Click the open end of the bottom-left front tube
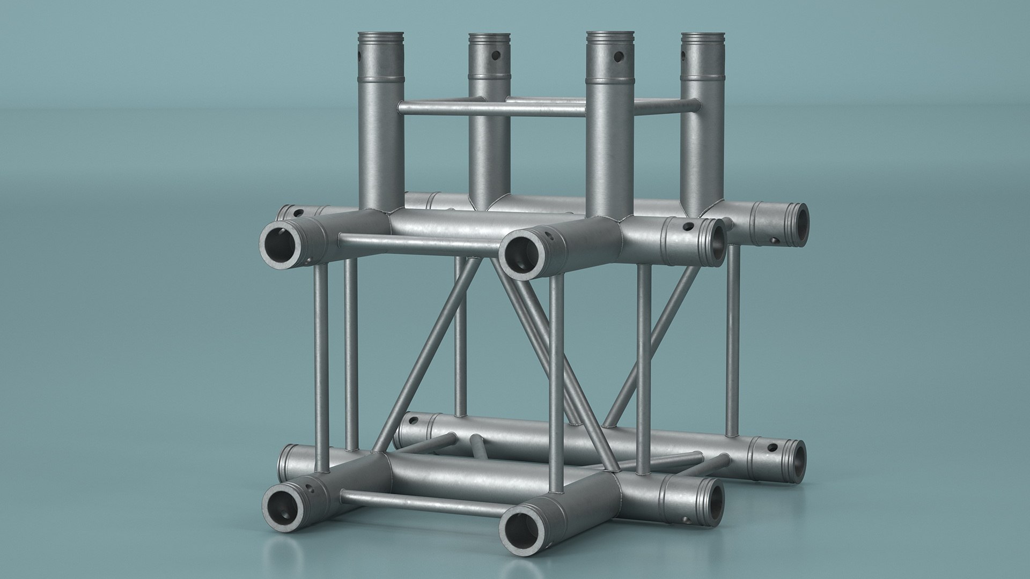click(x=283, y=506)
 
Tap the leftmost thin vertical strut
click(x=321, y=370)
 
